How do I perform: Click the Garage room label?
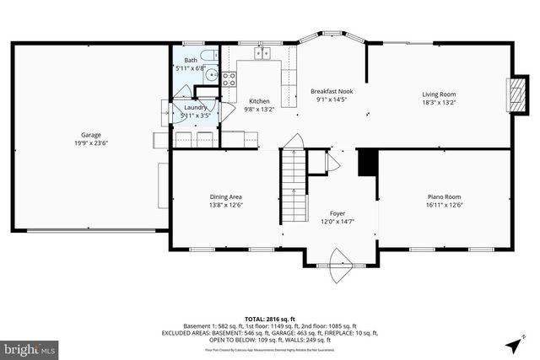91,135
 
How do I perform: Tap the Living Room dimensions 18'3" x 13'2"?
439,103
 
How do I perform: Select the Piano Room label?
444,196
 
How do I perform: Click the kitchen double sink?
263,54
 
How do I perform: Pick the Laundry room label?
196,108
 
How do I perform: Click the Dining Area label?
226,196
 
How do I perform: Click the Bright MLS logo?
30,347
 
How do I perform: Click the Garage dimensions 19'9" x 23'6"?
91,143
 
